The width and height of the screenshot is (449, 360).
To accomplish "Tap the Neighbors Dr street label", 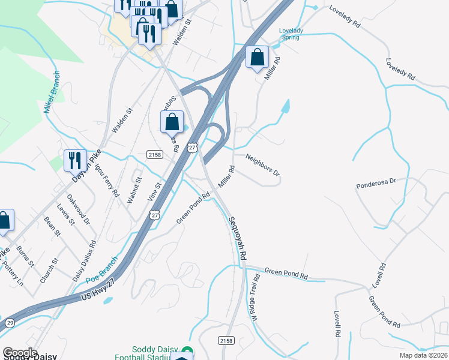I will [x=262, y=164].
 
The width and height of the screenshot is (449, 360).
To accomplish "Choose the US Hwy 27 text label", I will [x=100, y=292].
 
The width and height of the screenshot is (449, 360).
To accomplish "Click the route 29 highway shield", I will [x=9, y=322].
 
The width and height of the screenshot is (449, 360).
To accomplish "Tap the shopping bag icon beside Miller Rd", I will [x=257, y=58].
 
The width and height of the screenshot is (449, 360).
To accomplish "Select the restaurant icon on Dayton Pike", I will [x=75, y=160].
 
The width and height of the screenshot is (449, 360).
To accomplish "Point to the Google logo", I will [x=20, y=353].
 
